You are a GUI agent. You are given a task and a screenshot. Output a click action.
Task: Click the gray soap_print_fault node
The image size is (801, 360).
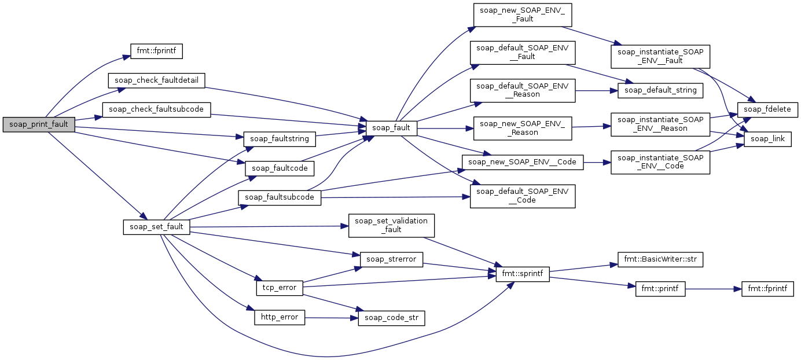tap(39, 124)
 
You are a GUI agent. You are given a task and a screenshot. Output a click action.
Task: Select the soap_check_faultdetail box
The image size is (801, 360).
tap(156, 80)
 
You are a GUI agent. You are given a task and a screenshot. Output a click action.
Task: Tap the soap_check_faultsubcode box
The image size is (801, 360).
tap(156, 109)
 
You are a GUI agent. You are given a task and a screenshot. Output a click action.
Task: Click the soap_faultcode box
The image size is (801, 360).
tap(280, 168)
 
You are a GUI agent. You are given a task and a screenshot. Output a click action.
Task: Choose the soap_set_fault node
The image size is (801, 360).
tap(156, 227)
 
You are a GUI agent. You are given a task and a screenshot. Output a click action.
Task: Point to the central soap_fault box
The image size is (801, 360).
tap(391, 128)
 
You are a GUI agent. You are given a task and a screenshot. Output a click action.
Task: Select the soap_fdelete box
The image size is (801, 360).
tap(767, 109)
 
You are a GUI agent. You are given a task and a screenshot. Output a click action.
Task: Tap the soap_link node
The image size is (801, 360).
tap(767, 139)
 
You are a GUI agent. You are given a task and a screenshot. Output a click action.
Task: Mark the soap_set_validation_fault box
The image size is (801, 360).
tap(391, 225)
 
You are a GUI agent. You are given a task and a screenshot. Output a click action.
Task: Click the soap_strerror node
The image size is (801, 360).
tap(391, 259)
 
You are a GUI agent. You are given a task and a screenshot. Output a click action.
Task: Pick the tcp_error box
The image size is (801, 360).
tap(280, 288)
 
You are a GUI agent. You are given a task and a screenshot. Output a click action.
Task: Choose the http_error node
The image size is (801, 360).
tap(280, 317)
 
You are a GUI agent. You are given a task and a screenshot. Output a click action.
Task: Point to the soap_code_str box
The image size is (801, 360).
tap(391, 318)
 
